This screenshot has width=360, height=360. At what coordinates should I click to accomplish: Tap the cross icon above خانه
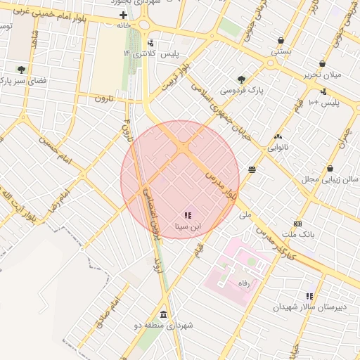(x=124, y=15)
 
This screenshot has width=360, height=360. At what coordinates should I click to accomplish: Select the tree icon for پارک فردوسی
(x=242, y=80)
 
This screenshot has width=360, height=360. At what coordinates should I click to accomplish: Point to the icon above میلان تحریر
(x=322, y=63)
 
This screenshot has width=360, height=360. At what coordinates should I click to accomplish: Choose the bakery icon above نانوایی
(x=278, y=137)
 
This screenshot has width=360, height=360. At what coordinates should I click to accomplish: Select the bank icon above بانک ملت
(x=297, y=223)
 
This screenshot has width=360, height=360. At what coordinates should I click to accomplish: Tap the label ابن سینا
(x=187, y=227)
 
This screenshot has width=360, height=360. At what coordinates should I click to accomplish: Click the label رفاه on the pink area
(x=245, y=283)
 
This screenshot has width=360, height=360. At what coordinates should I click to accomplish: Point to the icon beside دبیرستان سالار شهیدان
(x=309, y=296)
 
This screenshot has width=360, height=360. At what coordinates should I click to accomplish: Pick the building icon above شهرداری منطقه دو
(x=164, y=314)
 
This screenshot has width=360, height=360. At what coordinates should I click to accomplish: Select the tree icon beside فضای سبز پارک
(x=22, y=70)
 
